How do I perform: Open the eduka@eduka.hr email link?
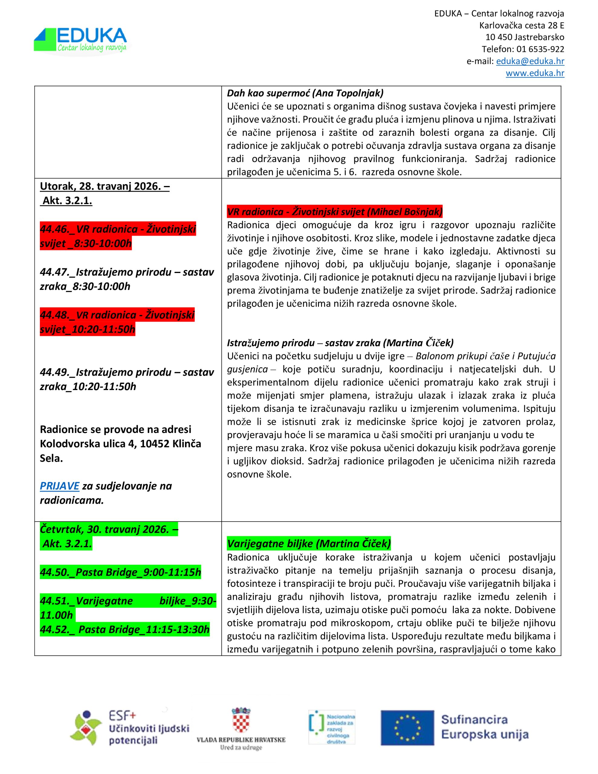[530, 61]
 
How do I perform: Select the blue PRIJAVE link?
[59, 486]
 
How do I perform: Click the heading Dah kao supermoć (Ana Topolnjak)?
[305, 93]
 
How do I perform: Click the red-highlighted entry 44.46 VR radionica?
[118, 236]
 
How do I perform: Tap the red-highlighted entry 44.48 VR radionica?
[117, 322]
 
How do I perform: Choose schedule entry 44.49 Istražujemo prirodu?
[127, 379]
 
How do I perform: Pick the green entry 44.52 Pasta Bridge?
[125, 629]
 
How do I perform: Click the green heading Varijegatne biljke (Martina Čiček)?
[308, 544]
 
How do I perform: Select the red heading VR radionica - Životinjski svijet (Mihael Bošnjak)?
[335, 212]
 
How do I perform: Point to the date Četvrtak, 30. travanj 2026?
[109, 529]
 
